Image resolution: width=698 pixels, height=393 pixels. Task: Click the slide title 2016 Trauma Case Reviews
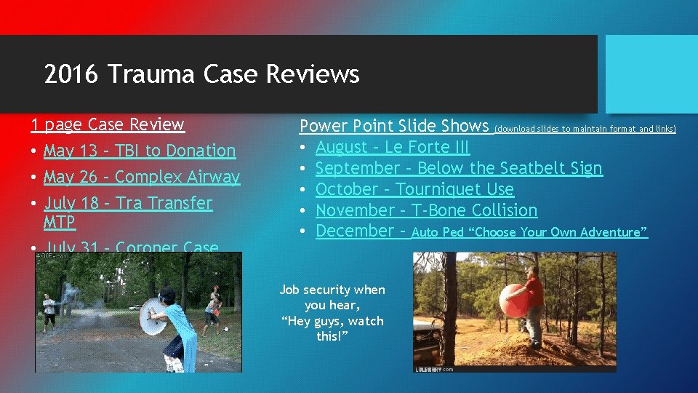(x=201, y=74)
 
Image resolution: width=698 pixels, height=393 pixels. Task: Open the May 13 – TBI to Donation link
(x=140, y=151)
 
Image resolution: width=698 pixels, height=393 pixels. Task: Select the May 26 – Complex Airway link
(x=141, y=177)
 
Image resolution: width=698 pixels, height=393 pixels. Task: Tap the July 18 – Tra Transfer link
(x=128, y=203)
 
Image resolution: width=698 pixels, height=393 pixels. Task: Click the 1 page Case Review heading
(x=108, y=124)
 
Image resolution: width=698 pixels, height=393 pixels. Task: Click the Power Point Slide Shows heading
(x=394, y=126)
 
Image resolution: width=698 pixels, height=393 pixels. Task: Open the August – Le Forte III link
(x=393, y=147)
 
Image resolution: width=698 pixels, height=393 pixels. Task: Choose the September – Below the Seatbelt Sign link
(x=459, y=168)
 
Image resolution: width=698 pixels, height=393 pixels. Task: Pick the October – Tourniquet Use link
(x=414, y=189)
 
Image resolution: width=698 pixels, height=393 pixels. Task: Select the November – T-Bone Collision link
(x=426, y=210)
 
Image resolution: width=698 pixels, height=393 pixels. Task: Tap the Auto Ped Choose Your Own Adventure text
(x=529, y=232)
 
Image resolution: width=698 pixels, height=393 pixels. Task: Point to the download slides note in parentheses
(x=585, y=129)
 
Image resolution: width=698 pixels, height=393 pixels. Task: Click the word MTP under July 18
(x=60, y=221)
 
